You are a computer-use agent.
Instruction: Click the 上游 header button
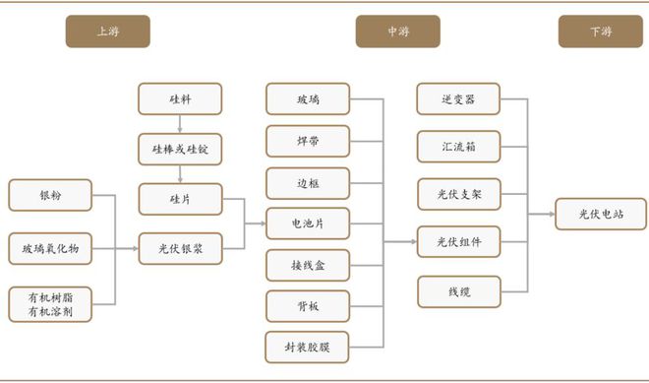[x=107, y=32]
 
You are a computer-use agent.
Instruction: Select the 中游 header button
[x=398, y=32]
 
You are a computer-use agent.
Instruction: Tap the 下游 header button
[x=601, y=32]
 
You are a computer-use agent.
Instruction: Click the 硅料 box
[x=180, y=99]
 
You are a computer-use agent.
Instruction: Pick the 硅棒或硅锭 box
[x=180, y=150]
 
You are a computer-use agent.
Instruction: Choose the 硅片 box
[x=181, y=199]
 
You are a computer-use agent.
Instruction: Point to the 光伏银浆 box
[x=181, y=249]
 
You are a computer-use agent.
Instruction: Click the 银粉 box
[x=50, y=195]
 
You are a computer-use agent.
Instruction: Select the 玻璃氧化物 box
[x=50, y=249]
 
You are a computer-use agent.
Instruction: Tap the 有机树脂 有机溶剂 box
[x=50, y=304]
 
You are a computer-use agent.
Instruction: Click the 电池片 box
[x=308, y=223]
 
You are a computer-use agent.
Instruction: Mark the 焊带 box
[x=308, y=142]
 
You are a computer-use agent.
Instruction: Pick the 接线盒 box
[x=308, y=265]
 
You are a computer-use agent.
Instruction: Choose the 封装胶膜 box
[x=307, y=348]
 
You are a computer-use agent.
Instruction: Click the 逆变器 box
[x=458, y=99]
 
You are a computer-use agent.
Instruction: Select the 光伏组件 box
[x=459, y=241]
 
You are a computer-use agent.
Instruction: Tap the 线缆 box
[x=459, y=292]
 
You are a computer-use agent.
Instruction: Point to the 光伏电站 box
[x=601, y=214]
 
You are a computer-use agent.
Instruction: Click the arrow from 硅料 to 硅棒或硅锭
[x=180, y=124]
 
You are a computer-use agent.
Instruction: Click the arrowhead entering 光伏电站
[x=553, y=214]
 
